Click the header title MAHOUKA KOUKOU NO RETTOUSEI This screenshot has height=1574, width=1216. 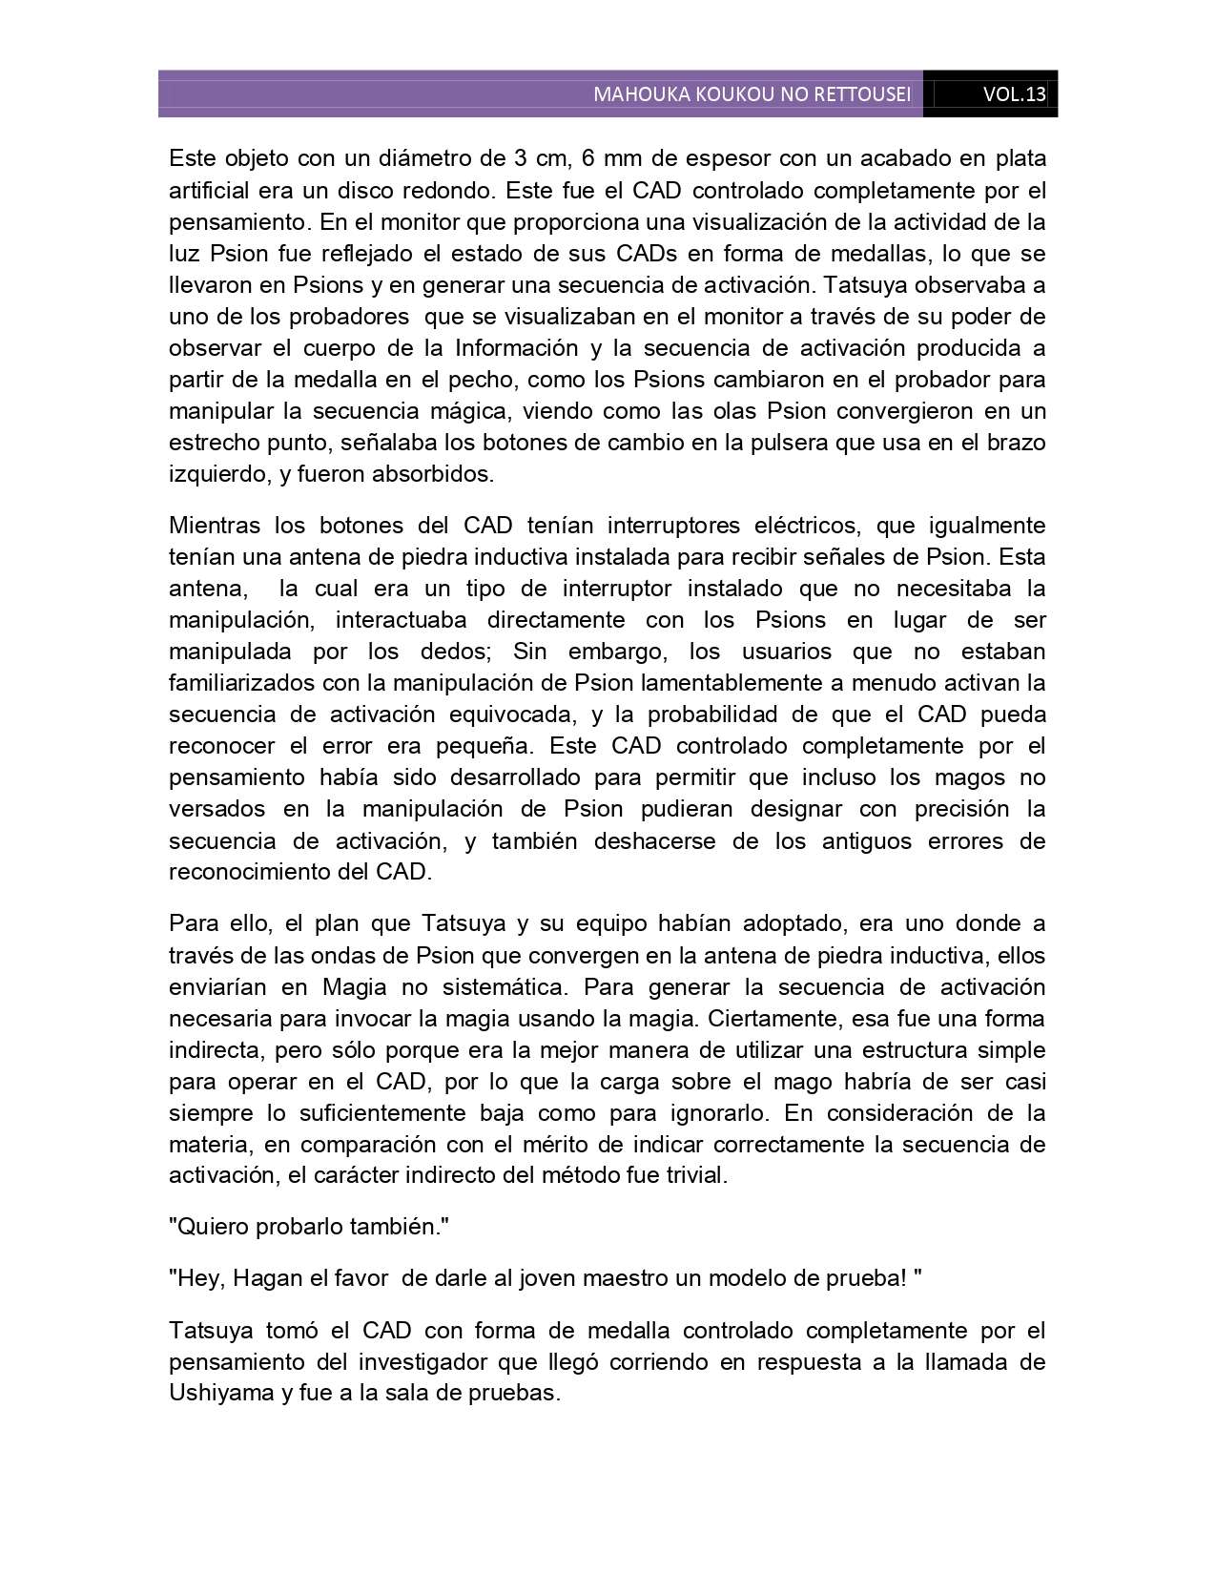pos(752,94)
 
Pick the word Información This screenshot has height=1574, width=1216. pos(516,347)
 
